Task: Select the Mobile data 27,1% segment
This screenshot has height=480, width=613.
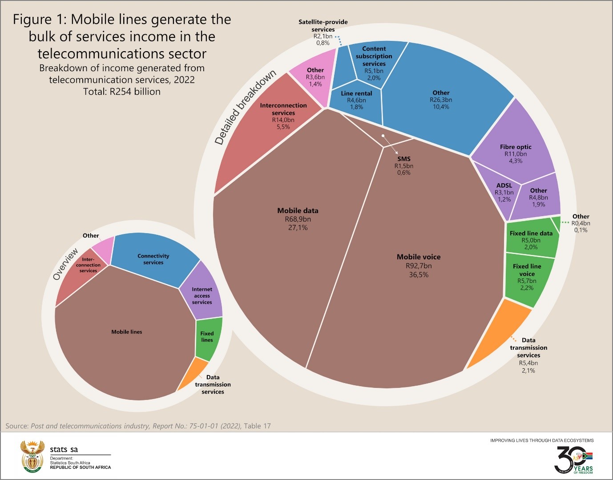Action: pyautogui.click(x=285, y=249)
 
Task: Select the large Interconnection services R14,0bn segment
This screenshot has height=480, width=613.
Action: pyautogui.click(x=267, y=133)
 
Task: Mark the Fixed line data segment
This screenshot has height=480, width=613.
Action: pyautogui.click(x=531, y=240)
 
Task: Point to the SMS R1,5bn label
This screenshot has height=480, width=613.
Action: pyautogui.click(x=404, y=165)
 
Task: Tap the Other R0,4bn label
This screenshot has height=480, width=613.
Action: pyautogui.click(x=581, y=223)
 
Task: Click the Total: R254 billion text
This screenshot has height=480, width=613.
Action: pyautogui.click(x=122, y=92)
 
